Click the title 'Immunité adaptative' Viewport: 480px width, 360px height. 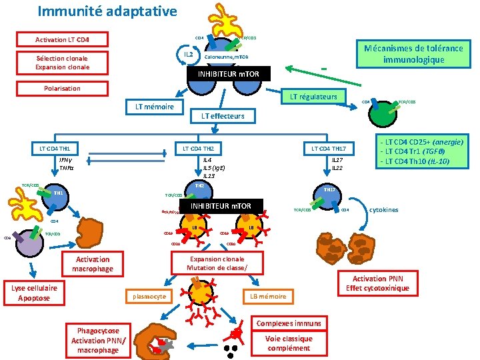[107, 11]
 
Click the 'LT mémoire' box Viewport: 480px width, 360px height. [155, 107]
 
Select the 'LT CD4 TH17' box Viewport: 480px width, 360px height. [328, 147]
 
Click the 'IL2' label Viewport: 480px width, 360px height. [188, 54]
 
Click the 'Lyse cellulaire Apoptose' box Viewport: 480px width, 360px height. [34, 293]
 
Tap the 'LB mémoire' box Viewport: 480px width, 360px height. [268, 296]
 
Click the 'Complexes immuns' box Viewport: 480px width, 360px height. [289, 323]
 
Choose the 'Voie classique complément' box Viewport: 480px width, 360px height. [289, 343]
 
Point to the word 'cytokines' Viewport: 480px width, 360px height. [383, 210]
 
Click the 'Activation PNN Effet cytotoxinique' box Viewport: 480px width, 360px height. [378, 283]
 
